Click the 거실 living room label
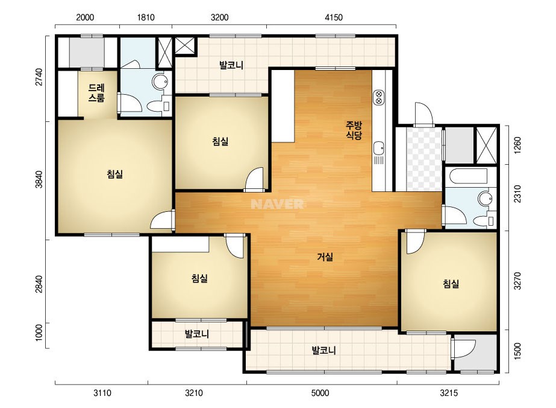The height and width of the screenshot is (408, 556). (325, 257)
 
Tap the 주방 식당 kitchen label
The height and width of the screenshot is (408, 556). (354, 130)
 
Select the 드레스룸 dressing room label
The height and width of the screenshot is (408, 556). (96, 93)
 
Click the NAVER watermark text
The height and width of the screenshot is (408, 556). (277, 204)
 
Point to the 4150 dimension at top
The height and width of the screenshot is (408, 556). (334, 17)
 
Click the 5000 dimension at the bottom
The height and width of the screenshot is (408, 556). (320, 393)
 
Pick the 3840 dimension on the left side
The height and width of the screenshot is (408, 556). (39, 180)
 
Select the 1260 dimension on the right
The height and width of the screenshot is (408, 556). (517, 145)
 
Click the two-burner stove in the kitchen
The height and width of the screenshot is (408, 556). (378, 97)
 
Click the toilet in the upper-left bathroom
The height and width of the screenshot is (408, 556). (157, 106)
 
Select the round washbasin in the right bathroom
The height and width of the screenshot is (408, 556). (484, 199)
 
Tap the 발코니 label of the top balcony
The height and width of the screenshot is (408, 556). (231, 65)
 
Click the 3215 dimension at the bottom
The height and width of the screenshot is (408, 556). (449, 393)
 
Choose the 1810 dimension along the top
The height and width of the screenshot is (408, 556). (145, 17)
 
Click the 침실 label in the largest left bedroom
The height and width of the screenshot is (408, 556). (115, 174)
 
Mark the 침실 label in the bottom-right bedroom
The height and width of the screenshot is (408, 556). (451, 284)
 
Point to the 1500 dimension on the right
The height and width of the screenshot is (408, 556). (517, 351)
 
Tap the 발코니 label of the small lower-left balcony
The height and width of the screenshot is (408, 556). (197, 334)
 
